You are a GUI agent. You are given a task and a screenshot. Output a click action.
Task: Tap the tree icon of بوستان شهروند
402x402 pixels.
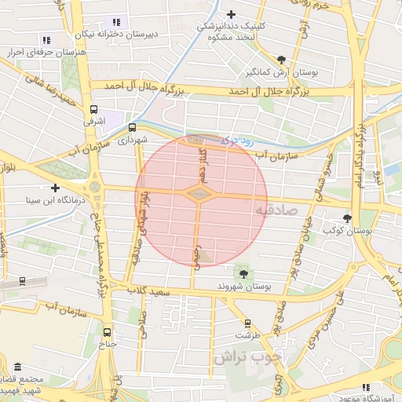click(x=243, y=273)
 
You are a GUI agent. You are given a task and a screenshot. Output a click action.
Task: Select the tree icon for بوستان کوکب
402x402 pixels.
click(x=348, y=218)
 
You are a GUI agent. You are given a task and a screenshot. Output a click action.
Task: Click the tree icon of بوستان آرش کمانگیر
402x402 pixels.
click(x=282, y=59)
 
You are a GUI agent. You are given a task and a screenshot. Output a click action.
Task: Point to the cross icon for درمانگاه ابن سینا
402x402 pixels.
click(x=55, y=188)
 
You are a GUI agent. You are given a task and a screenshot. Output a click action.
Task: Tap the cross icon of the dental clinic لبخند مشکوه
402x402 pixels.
click(x=231, y=14)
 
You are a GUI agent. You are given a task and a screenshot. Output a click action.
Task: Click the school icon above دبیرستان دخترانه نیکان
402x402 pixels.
click(x=117, y=22)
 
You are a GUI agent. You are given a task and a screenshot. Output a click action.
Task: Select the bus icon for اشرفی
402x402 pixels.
click(x=94, y=110)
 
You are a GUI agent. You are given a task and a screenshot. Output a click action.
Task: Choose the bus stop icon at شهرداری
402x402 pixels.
click(x=132, y=126)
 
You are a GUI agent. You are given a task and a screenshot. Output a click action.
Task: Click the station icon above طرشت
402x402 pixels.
click(x=248, y=323)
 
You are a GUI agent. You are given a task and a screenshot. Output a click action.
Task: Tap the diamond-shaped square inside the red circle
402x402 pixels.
click(x=199, y=192)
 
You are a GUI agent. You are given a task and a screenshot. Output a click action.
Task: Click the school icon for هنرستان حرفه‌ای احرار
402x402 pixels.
click(x=46, y=38)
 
